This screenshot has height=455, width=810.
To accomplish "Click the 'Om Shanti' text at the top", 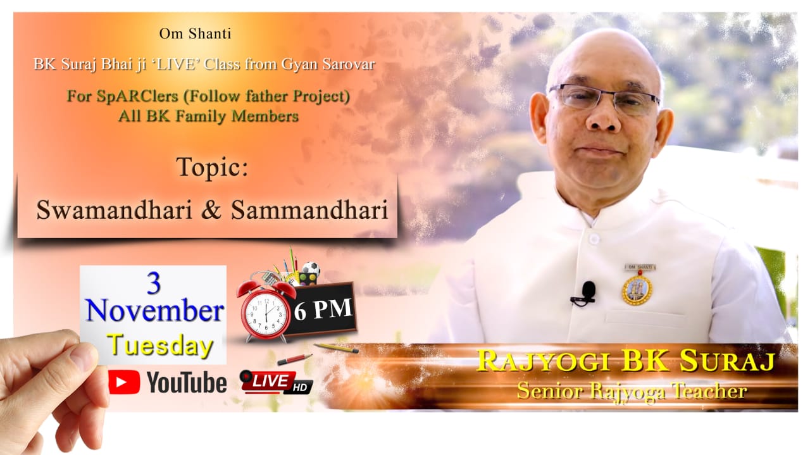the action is [x=195, y=34].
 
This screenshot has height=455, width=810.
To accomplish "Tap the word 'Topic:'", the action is [x=212, y=167].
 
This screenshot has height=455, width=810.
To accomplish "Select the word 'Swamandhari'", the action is [x=115, y=209].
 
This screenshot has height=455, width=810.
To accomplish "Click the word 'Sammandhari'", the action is [x=309, y=209].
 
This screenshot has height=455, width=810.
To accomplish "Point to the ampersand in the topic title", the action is [x=211, y=210].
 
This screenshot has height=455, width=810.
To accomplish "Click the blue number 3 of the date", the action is [x=154, y=284].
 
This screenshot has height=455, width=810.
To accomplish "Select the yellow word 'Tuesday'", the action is [x=160, y=345].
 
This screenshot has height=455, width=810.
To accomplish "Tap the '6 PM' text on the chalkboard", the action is [x=323, y=309].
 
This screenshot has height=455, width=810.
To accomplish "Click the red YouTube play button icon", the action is [x=124, y=382].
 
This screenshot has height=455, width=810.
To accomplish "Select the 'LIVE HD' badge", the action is [x=276, y=382].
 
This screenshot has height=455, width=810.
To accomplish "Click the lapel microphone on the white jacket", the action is [x=586, y=293].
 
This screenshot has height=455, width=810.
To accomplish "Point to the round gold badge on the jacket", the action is [x=637, y=290].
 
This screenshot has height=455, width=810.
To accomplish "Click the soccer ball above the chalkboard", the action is [x=311, y=268].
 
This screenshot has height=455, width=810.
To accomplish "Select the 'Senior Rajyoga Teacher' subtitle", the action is [x=632, y=391].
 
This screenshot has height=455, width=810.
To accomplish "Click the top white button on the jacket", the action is [x=594, y=239].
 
